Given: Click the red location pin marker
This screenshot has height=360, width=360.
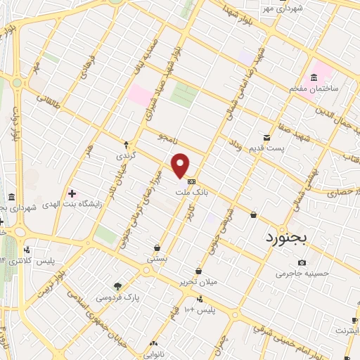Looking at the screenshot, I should tap(181, 166).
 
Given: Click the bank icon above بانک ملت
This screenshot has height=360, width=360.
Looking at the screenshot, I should tap(191, 181).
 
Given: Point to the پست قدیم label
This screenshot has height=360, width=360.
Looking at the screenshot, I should tap(270, 147).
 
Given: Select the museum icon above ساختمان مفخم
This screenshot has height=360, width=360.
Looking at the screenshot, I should tap(314, 78).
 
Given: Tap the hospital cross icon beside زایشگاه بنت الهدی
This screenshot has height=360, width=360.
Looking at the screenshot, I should tap(72, 193).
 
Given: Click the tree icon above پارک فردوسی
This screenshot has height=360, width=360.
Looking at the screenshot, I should tap(118, 286).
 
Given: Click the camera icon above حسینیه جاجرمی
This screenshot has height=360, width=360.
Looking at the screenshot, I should tap(302, 263).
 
